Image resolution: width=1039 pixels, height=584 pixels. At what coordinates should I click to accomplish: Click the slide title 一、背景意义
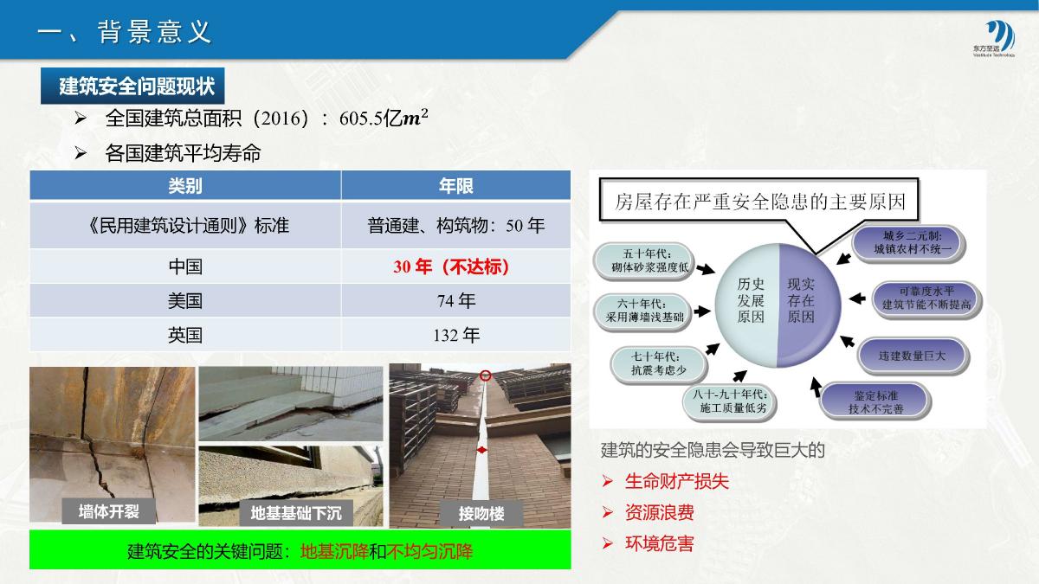(x=125, y=33)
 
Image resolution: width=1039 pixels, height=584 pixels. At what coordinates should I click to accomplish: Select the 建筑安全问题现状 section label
(x=132, y=87)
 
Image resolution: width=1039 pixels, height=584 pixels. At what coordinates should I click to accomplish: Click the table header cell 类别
(x=185, y=186)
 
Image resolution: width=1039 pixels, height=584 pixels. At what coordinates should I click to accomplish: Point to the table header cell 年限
(x=456, y=186)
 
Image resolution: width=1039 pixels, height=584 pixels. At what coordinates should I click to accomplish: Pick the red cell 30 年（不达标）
(x=451, y=267)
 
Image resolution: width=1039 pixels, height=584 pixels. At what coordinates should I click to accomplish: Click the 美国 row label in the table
(x=185, y=301)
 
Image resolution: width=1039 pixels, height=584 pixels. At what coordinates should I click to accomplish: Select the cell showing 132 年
(x=456, y=335)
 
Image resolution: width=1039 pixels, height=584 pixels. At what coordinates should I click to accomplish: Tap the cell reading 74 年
(x=456, y=301)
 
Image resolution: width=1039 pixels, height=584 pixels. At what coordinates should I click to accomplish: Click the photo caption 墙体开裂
(x=109, y=511)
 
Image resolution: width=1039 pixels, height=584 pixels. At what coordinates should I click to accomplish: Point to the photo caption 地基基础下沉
(x=296, y=513)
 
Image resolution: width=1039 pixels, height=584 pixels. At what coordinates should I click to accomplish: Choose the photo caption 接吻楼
(x=481, y=514)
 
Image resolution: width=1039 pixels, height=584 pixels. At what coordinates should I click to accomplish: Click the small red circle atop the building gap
(x=485, y=375)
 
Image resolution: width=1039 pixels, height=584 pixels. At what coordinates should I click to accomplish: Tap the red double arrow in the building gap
(x=482, y=450)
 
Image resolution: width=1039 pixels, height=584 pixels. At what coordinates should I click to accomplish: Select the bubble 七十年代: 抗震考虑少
(x=659, y=363)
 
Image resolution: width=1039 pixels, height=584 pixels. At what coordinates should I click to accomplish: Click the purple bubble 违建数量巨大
(x=913, y=356)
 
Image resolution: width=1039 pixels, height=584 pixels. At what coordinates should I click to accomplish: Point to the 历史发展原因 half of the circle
(x=748, y=301)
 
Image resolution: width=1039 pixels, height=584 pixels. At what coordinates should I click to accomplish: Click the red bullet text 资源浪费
(x=659, y=512)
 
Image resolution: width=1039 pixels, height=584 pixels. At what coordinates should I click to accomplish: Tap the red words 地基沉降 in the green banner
(x=334, y=552)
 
